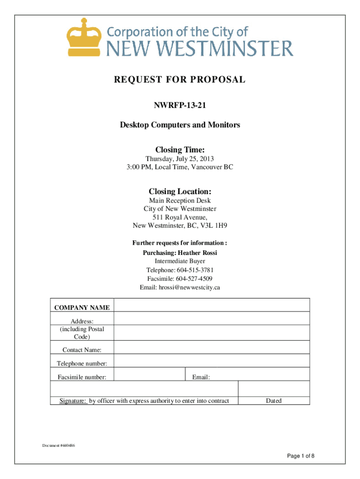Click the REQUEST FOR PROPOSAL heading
(x=180, y=80)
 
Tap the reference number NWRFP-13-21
(x=180, y=106)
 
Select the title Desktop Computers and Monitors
(x=180, y=125)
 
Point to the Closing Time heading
(x=180, y=150)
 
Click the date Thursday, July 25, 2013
(x=180, y=160)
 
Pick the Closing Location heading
(x=180, y=191)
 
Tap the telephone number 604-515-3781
(x=195, y=270)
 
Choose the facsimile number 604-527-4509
(x=194, y=279)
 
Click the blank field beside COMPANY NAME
(x=212, y=305)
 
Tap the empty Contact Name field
(x=212, y=348)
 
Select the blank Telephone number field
(x=212, y=361)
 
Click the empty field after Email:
(x=260, y=374)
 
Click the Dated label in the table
(x=274, y=401)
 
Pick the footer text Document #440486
(x=58, y=445)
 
